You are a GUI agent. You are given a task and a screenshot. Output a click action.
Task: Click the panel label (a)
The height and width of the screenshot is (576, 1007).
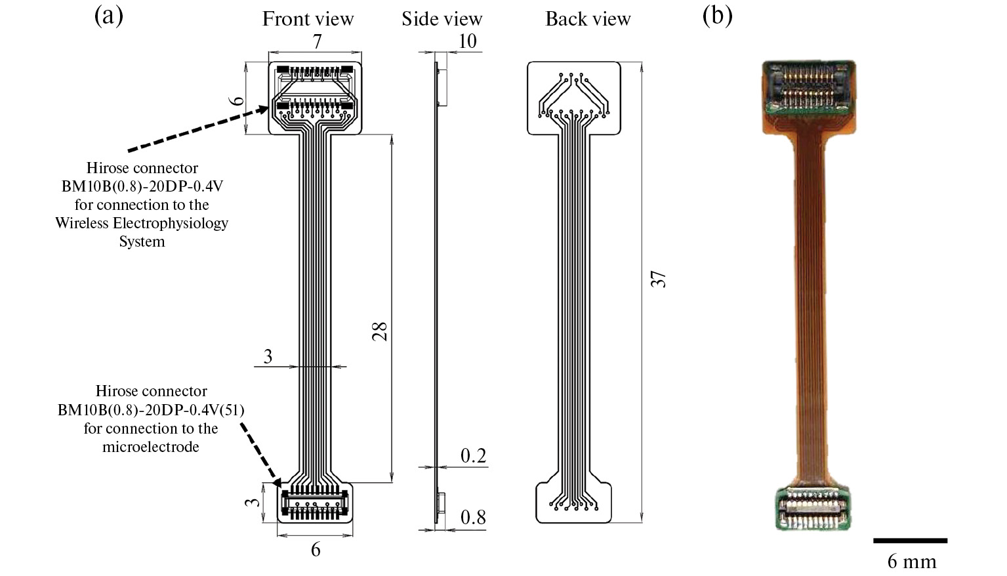108,16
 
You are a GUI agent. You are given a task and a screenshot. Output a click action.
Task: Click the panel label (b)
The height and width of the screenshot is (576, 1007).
716,16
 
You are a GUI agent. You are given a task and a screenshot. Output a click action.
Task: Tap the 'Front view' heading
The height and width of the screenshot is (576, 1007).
308,19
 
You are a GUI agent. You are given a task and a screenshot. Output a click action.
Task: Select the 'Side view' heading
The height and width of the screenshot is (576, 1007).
442,19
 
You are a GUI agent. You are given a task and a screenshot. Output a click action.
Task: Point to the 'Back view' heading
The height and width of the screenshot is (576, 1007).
588,19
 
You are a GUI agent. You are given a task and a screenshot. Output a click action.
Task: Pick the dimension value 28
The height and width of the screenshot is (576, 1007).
380,331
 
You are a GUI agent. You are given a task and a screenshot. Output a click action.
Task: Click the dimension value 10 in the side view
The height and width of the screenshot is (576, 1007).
466,41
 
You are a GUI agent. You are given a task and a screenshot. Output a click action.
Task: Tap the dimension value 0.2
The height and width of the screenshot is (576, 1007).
473,456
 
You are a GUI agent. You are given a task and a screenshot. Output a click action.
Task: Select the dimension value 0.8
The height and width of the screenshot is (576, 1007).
473,518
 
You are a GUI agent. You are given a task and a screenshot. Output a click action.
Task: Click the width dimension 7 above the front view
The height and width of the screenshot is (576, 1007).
317,42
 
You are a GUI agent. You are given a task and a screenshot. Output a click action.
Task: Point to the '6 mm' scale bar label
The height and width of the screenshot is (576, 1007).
911,562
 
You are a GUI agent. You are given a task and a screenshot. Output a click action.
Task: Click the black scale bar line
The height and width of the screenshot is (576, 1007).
910,541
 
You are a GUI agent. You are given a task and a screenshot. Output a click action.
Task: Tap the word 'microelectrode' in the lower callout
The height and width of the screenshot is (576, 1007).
151,447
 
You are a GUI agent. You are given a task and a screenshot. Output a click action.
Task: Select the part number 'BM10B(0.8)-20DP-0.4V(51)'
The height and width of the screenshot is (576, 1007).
151,410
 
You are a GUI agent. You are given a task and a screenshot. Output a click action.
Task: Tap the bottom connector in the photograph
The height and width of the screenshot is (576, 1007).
812,508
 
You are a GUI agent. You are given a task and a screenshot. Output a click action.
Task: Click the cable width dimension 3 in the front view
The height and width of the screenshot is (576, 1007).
268,356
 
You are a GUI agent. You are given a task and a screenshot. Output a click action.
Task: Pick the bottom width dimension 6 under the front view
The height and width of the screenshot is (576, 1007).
316,549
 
